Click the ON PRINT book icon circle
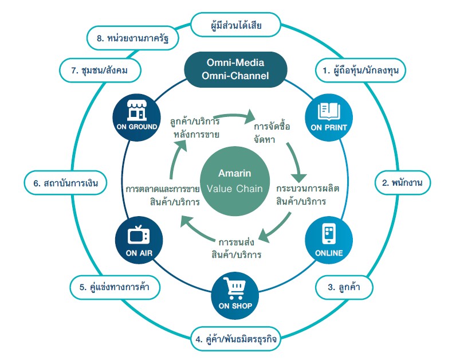pyautogui.click(x=328, y=116)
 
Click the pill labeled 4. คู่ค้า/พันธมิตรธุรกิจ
pyautogui.click(x=235, y=339)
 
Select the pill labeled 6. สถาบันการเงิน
pyautogui.click(x=62, y=183)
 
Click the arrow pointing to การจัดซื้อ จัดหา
pyautogui.click(x=226, y=117)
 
